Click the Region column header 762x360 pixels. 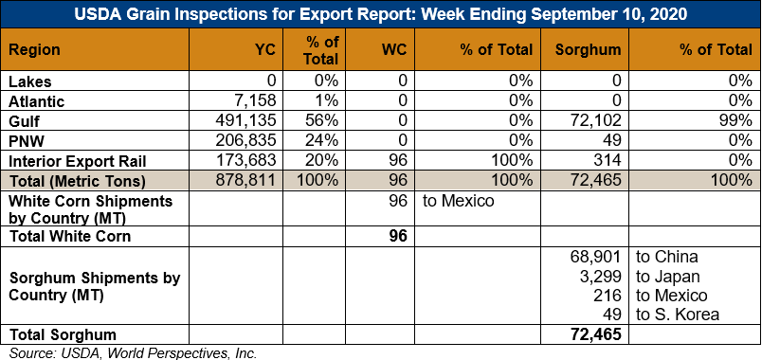click(x=34, y=49)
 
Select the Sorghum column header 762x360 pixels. click(x=588, y=49)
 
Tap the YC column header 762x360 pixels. click(x=265, y=49)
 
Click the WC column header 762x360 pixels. click(x=394, y=49)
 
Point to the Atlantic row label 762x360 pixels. click(x=37, y=101)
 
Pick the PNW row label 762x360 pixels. click(x=26, y=141)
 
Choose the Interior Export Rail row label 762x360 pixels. click(x=71, y=161)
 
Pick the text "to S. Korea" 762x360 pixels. click(x=678, y=315)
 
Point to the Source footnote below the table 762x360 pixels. click(x=133, y=353)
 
